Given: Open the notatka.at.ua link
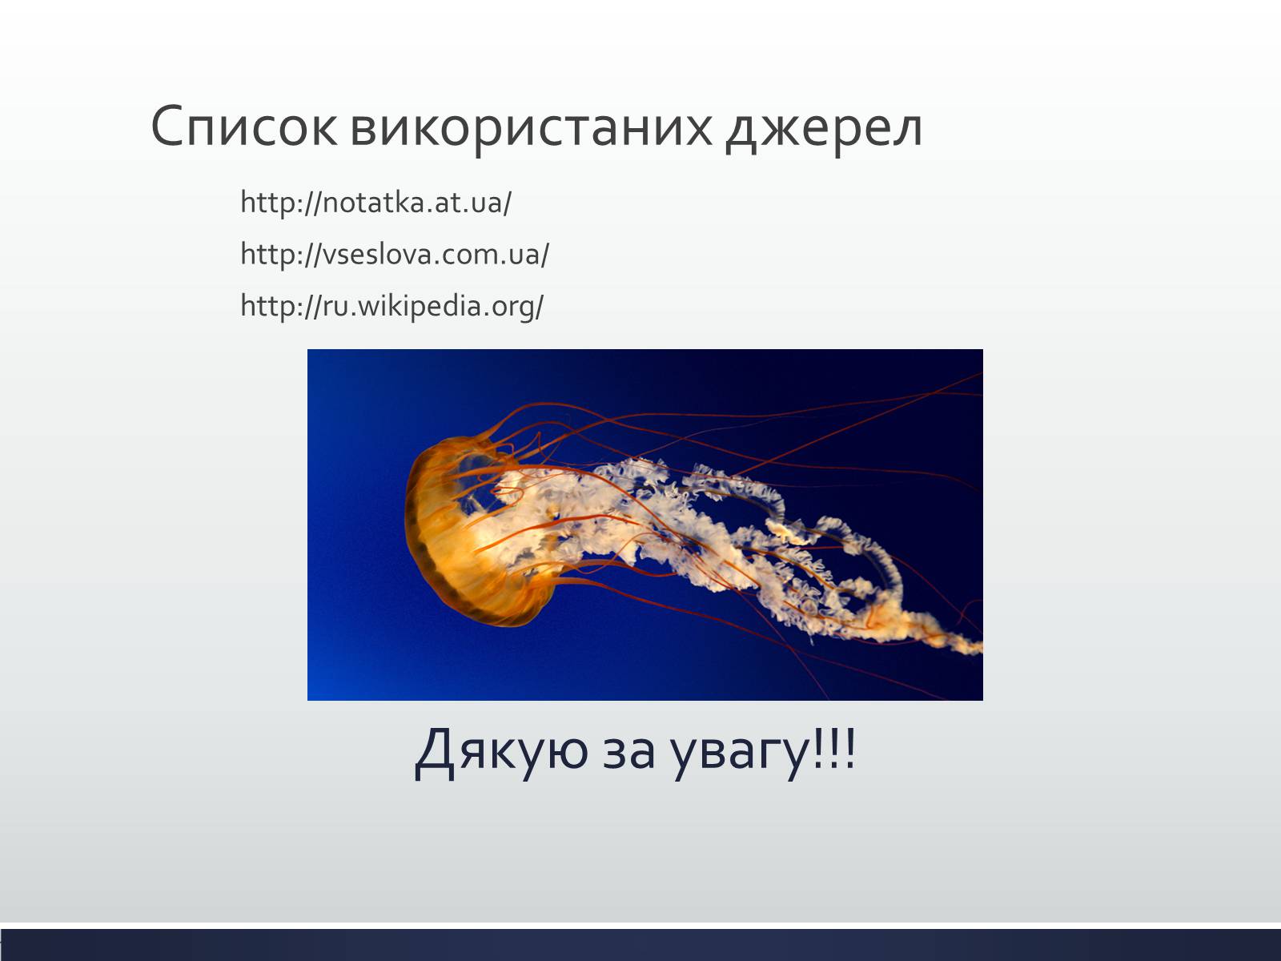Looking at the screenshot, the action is point(375,203).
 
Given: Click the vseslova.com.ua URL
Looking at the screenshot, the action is point(395,254).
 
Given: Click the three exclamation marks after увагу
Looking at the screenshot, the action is point(834,749).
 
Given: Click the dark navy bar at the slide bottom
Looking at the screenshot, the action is point(640,945).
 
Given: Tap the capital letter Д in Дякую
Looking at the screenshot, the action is point(434,754).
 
